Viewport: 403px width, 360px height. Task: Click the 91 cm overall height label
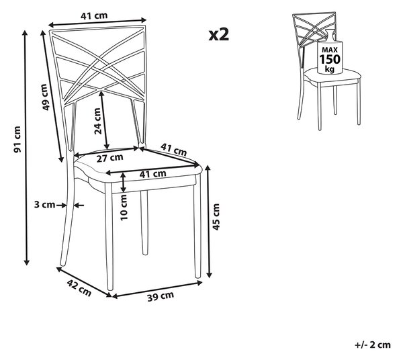[x=17, y=140]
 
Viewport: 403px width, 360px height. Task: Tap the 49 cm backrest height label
[x=45, y=97]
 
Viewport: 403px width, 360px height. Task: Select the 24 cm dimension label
[x=97, y=121]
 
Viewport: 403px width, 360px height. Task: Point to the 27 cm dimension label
[x=109, y=158]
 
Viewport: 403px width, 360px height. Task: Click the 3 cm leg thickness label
[x=44, y=205]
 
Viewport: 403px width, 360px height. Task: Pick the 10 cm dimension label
[x=124, y=207]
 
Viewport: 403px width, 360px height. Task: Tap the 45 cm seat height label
[x=216, y=217]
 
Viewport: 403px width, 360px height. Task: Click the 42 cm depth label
[x=79, y=287]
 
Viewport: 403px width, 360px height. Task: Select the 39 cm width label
[x=161, y=296]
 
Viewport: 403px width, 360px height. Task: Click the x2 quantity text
[x=219, y=35]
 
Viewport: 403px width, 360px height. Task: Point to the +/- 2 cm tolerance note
[x=373, y=345]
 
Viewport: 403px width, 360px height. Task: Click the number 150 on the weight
[x=330, y=59]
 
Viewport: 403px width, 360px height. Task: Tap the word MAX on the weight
[x=330, y=50]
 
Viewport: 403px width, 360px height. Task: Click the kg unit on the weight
[x=330, y=69]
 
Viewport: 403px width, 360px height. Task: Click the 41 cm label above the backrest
[x=94, y=15]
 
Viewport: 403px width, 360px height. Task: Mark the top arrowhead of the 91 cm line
[x=25, y=33]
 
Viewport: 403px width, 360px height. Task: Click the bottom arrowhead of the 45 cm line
[x=210, y=275]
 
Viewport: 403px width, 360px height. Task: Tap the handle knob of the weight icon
[x=330, y=32]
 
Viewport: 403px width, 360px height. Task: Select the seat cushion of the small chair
[x=332, y=75]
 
